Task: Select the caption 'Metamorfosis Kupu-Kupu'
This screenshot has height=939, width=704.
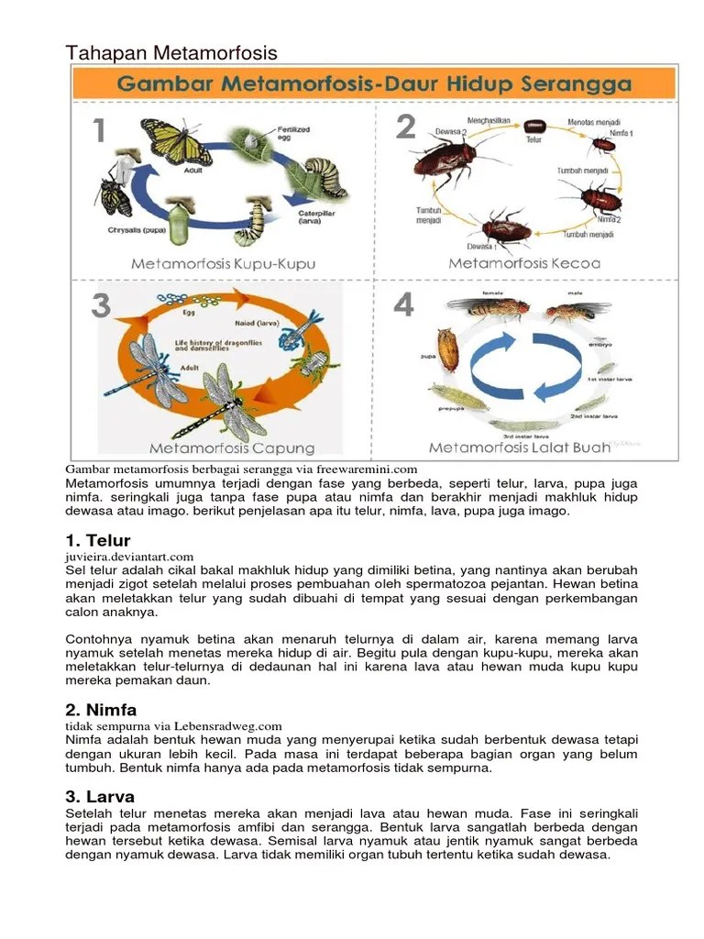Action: coord(223,263)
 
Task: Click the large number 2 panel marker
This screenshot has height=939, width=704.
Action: coord(406,128)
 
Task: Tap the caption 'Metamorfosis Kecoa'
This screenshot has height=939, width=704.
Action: coord(524,263)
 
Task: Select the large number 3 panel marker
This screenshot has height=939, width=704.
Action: coord(100,305)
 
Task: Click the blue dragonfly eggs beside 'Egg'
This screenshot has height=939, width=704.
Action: coord(171,301)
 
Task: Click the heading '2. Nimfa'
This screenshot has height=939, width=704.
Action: coord(101,710)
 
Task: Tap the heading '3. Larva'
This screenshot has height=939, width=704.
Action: coord(100,797)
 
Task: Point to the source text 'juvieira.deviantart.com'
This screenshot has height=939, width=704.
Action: coord(129,557)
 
